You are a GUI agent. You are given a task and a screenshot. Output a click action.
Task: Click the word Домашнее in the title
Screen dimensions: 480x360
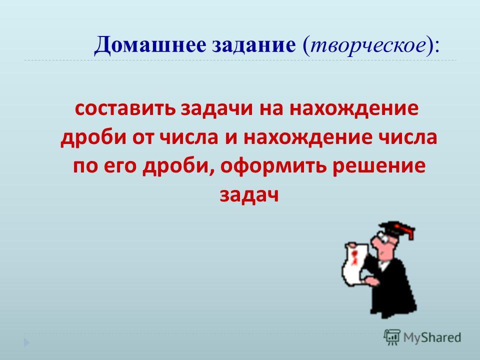[150, 45]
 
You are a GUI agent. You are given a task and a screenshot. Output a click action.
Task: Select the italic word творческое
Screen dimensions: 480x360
[368, 46]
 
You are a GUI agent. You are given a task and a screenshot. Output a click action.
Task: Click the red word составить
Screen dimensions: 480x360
[125, 108]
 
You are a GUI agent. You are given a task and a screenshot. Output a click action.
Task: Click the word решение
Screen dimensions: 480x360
[378, 167]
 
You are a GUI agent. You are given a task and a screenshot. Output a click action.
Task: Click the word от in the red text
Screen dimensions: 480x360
[143, 138]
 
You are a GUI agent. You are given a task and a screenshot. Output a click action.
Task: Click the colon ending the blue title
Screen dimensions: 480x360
[436, 48]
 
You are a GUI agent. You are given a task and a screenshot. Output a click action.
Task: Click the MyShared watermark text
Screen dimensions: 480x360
[432, 337]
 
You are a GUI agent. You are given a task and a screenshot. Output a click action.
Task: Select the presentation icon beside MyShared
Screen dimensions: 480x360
[392, 337]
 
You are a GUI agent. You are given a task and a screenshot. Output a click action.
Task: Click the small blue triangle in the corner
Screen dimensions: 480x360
[27, 342]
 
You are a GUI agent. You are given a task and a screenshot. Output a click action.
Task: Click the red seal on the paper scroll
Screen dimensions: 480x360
[355, 256]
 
